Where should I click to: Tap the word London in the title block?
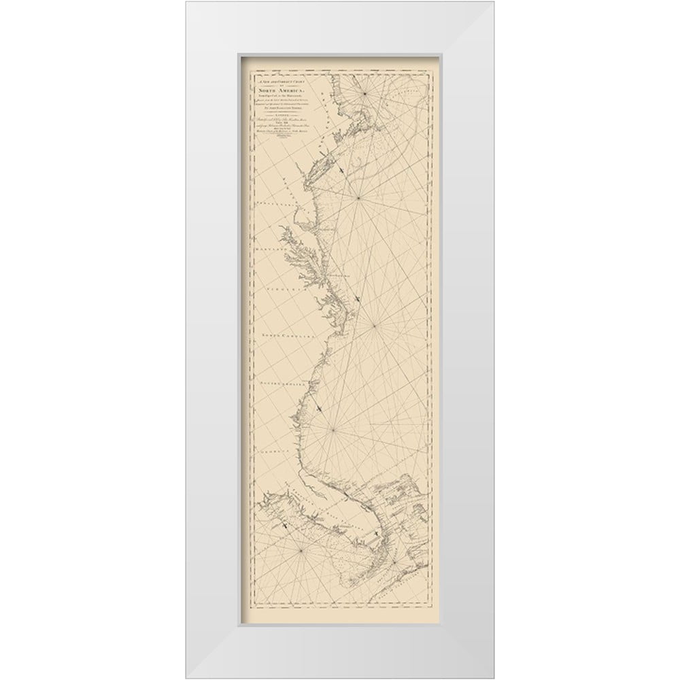[x=277, y=114]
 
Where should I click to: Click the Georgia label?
[x=277, y=452]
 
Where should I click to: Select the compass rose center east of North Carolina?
[x=373, y=325]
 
